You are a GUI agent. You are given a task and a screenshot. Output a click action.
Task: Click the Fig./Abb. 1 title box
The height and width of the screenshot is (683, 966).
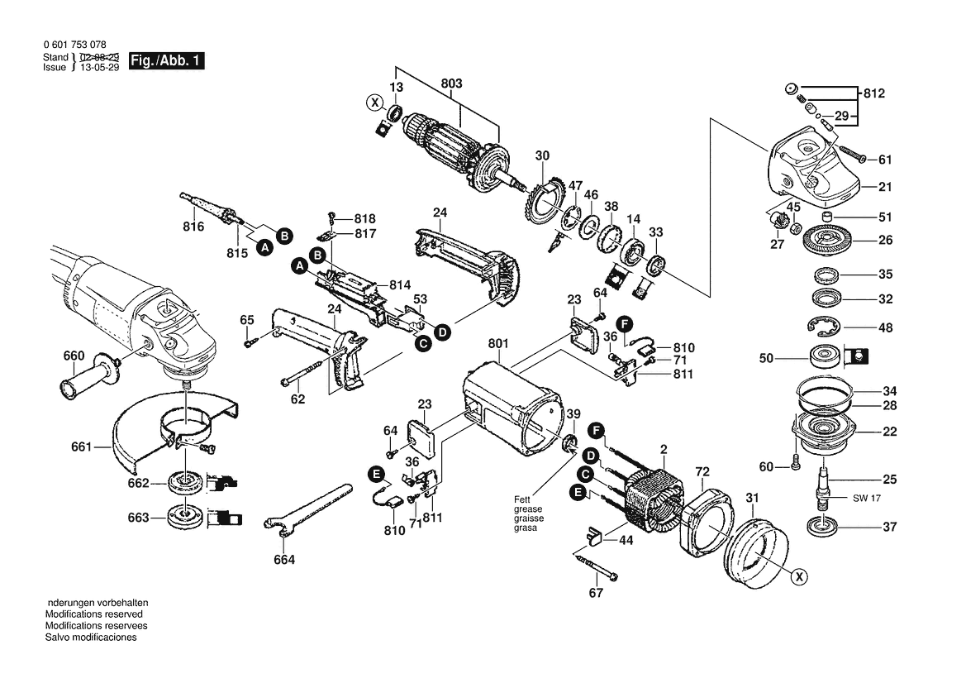[166, 61]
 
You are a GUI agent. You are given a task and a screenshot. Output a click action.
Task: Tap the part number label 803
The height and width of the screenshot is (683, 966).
[451, 84]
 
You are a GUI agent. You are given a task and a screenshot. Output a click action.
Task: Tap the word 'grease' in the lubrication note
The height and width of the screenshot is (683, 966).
[528, 509]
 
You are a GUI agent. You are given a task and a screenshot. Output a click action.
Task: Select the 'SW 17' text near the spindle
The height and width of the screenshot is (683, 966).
[867, 498]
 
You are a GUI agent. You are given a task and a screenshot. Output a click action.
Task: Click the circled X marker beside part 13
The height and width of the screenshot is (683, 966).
[374, 103]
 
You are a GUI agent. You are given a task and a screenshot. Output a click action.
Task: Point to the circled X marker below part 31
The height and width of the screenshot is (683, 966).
[799, 577]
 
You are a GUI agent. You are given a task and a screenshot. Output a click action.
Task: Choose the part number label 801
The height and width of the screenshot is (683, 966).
[497, 343]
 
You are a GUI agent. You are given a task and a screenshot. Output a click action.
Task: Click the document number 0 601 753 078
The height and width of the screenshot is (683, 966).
[75, 45]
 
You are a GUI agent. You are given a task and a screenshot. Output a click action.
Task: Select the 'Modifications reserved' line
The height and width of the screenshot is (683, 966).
[93, 614]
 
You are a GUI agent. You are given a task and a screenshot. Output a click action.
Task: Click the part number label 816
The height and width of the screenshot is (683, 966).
[193, 227]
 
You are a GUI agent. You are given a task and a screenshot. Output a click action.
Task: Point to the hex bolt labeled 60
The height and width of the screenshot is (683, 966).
[795, 461]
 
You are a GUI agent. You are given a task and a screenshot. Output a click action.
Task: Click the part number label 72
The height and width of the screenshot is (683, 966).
[702, 471]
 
